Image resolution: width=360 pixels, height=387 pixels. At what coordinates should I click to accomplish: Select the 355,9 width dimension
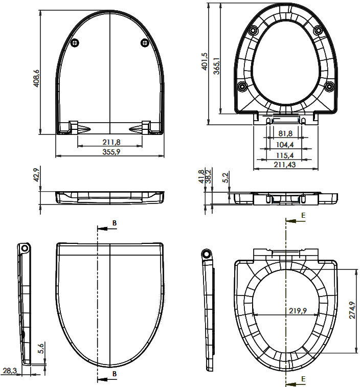pos(111,152)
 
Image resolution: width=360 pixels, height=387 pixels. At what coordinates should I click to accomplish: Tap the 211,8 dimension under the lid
pos(111,142)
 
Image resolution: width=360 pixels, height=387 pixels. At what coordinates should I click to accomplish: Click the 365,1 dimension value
pos(217,66)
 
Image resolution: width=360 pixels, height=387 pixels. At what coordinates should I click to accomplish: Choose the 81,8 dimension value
pos(285,133)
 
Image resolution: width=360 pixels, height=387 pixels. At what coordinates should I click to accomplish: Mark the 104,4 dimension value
pos(285,145)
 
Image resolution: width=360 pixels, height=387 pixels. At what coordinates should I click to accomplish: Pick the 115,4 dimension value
pos(285,155)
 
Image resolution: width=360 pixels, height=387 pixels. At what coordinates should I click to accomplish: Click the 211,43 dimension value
pos(285,165)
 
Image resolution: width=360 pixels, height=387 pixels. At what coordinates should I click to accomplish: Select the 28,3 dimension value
pos(9,371)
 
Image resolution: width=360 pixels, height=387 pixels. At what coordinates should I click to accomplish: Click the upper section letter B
pos(115,223)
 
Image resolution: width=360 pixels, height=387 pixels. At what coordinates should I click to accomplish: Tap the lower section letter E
pos(303,379)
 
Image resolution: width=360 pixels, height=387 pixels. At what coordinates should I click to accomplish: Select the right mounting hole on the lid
pos(145,43)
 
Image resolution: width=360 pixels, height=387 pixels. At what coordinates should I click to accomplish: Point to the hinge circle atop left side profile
pos(25,248)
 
